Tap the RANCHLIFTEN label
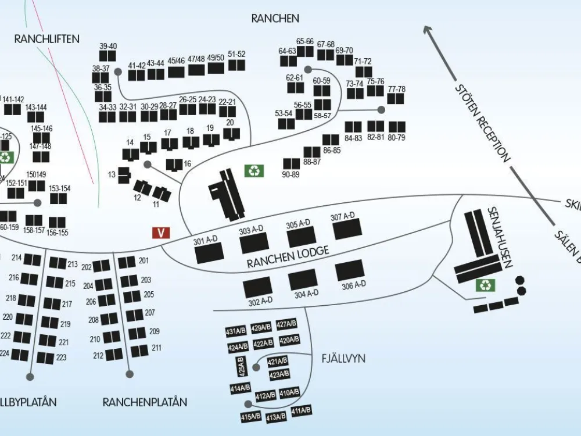pos(47,39)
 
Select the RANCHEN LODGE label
pos(288,257)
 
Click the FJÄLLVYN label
pos(343,359)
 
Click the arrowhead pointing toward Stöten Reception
pos(429,30)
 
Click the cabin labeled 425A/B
pos(242,367)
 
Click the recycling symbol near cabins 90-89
pos(254,170)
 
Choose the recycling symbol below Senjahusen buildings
pos(485,285)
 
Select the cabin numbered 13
pos(124,174)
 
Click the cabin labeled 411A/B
pos(301,411)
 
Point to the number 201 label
pos(144,260)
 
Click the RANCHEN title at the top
pos(275,19)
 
